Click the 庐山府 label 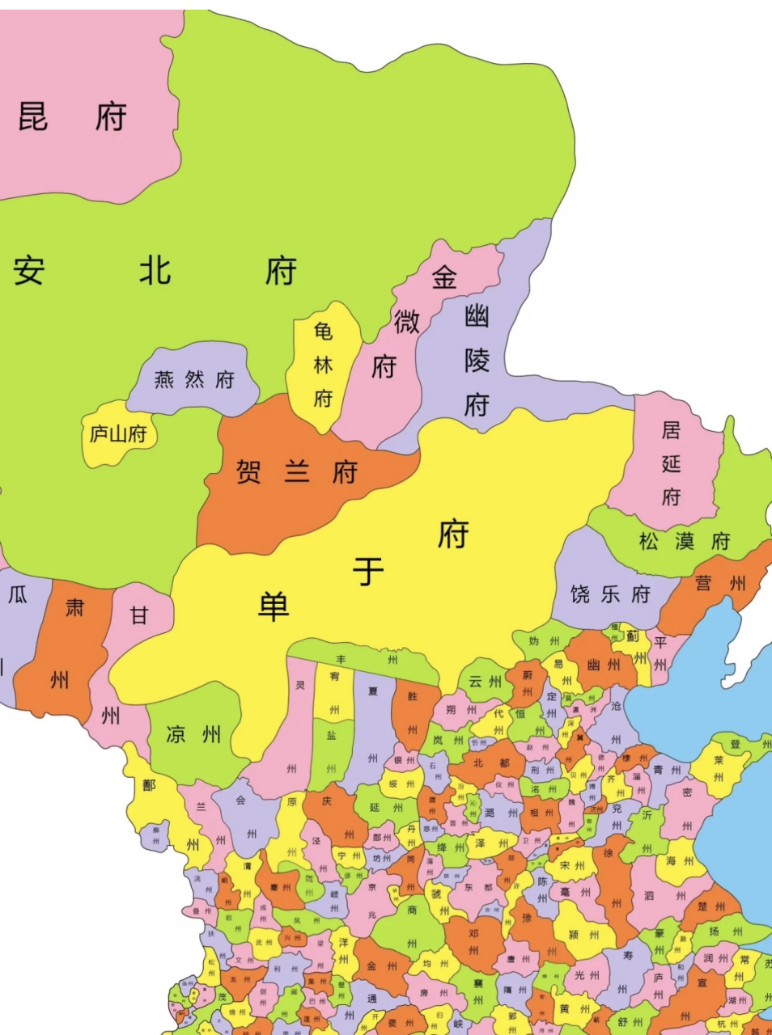click(118, 434)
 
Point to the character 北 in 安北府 click(155, 271)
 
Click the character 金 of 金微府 click(444, 277)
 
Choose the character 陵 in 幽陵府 click(477, 360)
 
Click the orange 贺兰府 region click(296, 471)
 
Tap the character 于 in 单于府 click(368, 572)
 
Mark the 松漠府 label click(685, 541)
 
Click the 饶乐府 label click(610, 594)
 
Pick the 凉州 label click(193, 734)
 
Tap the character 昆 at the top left click(33, 117)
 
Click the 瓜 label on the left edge click(18, 595)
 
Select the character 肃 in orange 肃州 click(74, 607)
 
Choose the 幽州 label click(604, 665)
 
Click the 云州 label click(485, 682)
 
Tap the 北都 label click(491, 763)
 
